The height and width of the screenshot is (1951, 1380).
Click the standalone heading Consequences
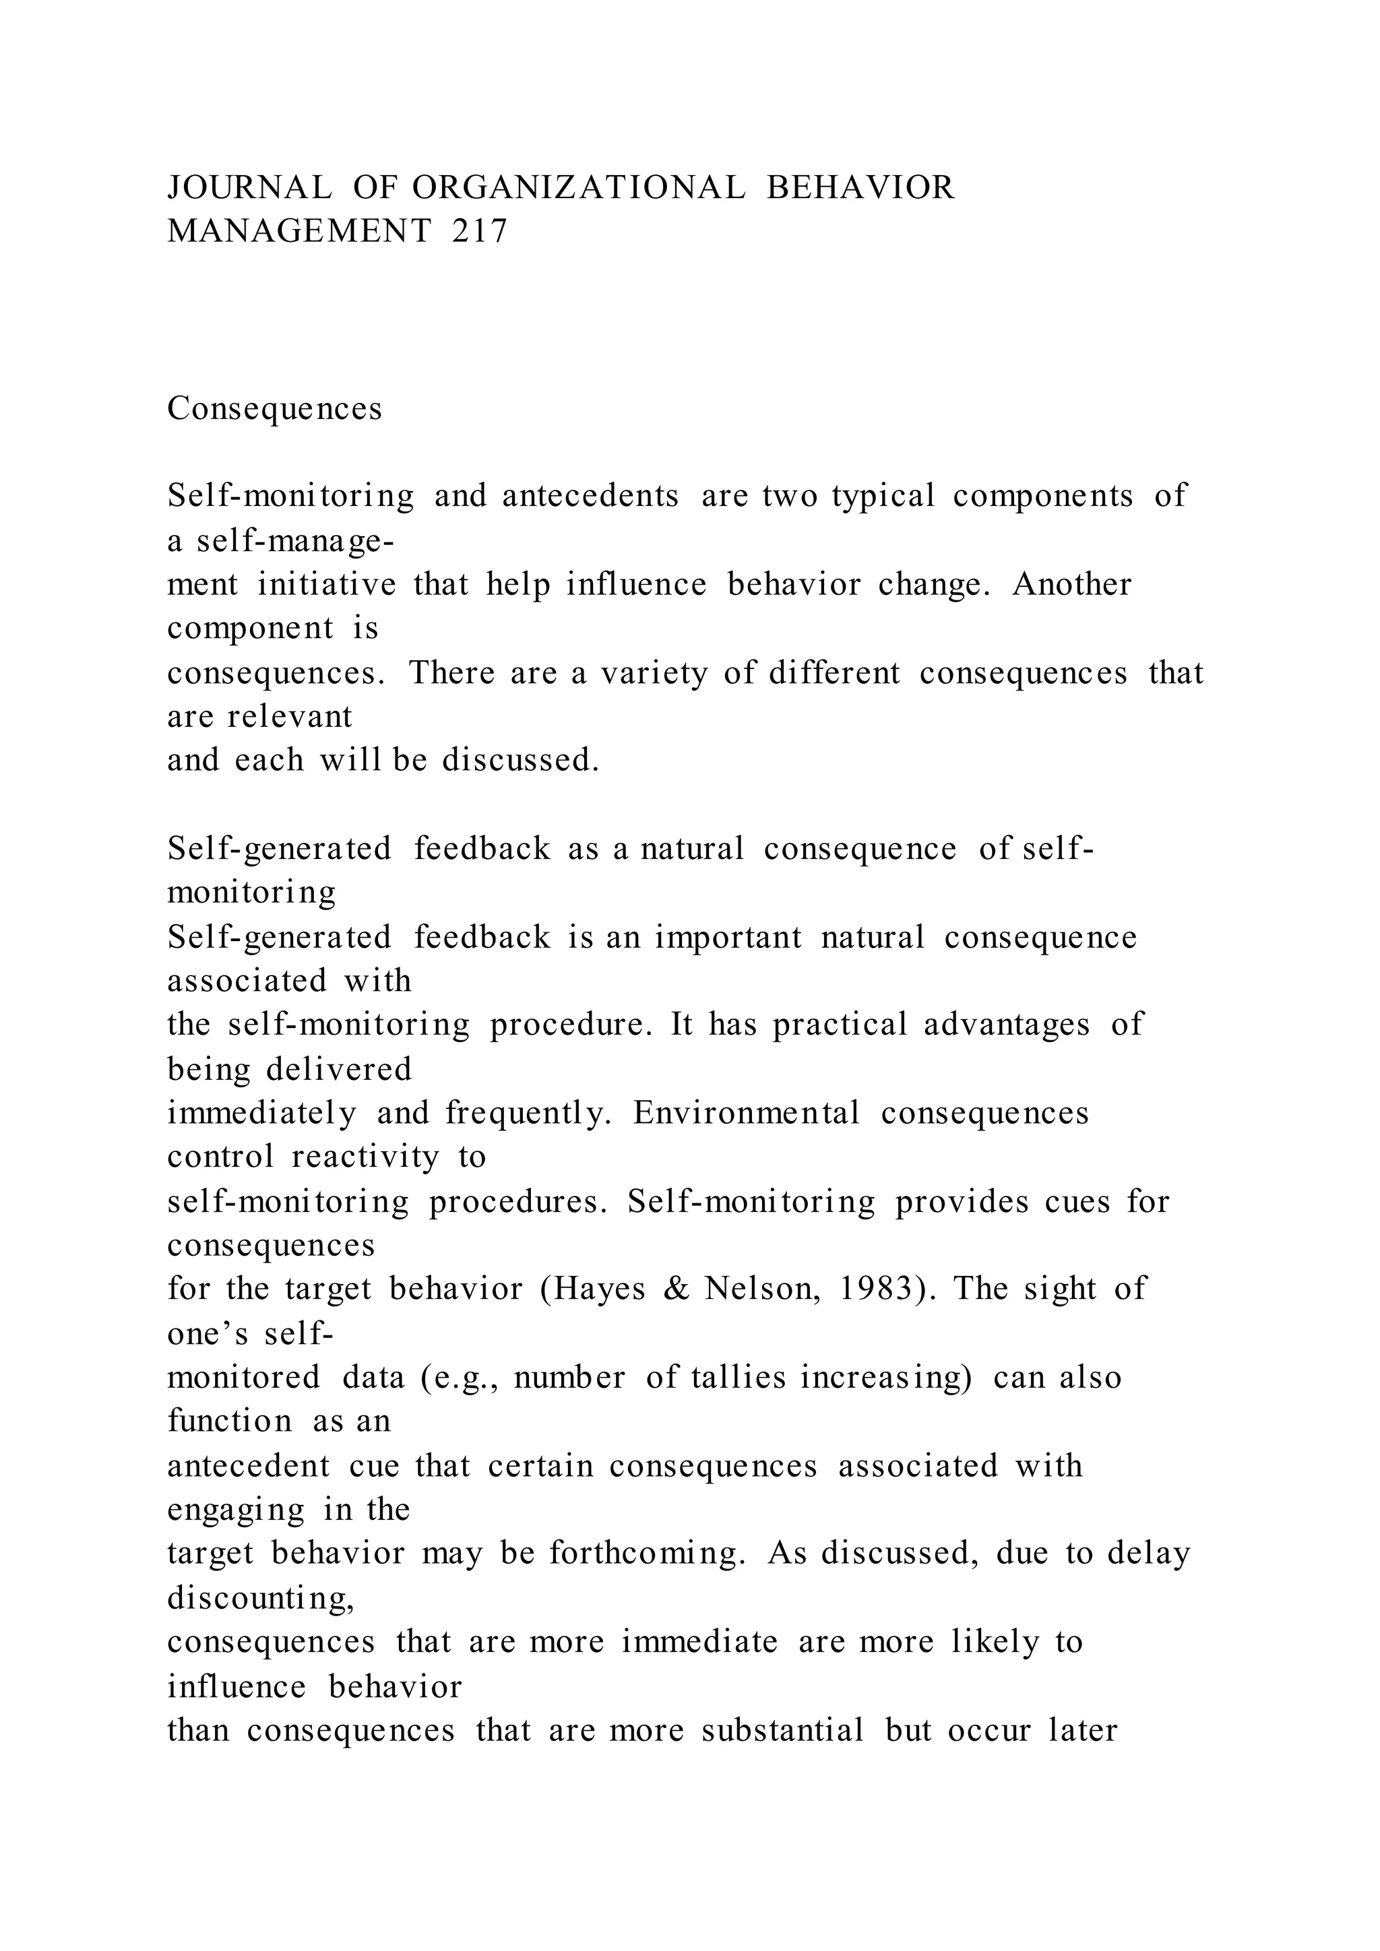pos(274,409)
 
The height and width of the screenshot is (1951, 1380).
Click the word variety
pos(654,673)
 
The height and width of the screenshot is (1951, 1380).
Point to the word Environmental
pos(746,1113)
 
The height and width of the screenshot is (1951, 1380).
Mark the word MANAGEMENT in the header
pos(299,231)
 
